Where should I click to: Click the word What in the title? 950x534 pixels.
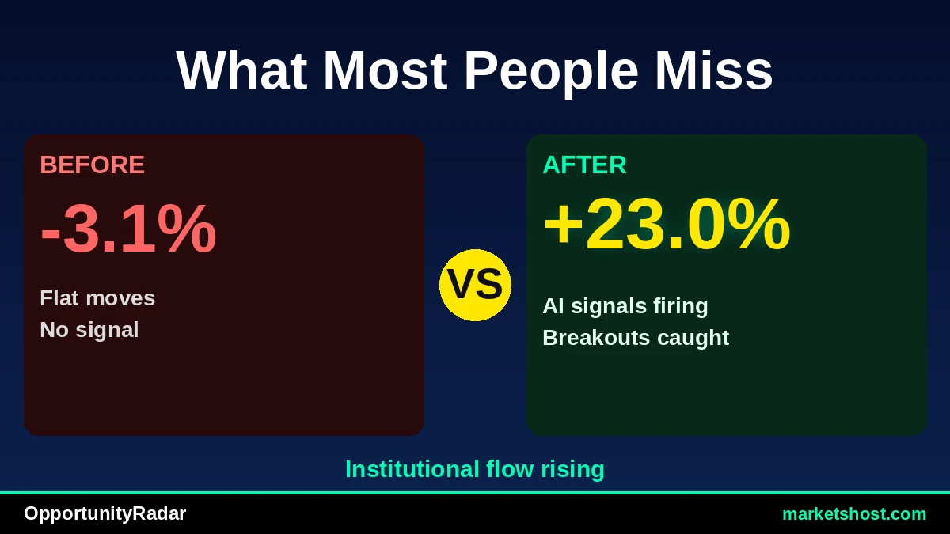click(x=241, y=70)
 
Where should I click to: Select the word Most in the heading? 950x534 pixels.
click(x=385, y=70)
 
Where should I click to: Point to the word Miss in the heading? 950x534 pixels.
click(x=714, y=70)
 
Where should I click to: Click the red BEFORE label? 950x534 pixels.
click(x=93, y=165)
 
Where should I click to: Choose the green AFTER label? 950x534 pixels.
click(x=584, y=165)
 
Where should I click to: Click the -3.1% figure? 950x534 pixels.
click(x=128, y=229)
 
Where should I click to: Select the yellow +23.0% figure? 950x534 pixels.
click(x=667, y=224)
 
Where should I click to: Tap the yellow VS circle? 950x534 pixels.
click(x=475, y=285)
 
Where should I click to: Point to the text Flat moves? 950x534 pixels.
click(x=97, y=298)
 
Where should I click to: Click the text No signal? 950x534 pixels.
click(x=89, y=330)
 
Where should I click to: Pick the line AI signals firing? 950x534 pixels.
click(x=625, y=306)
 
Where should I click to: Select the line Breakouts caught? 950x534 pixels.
click(x=636, y=338)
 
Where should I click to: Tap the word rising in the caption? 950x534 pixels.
click(x=572, y=470)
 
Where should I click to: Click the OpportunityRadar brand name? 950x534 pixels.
click(x=104, y=514)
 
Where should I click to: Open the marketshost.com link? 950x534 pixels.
click(x=854, y=514)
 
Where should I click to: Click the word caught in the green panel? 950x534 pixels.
click(x=693, y=339)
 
